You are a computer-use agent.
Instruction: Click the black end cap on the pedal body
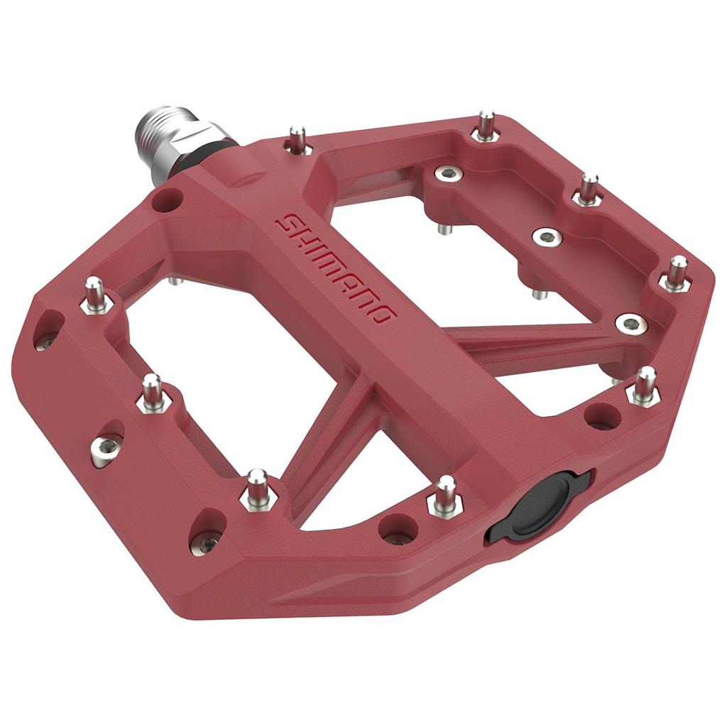click(x=538, y=505)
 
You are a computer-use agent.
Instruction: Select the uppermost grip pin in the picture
click(x=486, y=126)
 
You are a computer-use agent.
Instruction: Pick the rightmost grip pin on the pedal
click(x=677, y=273)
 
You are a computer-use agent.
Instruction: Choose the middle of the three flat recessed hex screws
click(x=547, y=237)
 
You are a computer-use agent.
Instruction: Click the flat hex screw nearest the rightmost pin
click(x=630, y=324)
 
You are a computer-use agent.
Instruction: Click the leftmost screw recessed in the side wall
click(x=47, y=339)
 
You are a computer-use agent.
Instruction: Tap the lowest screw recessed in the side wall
click(x=207, y=542)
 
